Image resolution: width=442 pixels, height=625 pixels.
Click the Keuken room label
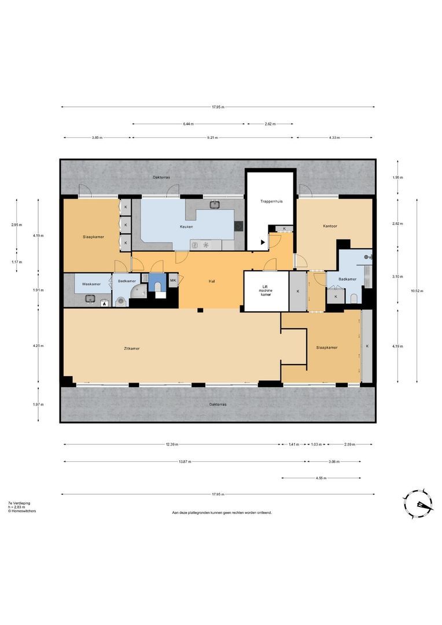pos(186,227)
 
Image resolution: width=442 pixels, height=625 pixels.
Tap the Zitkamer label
pos(131,349)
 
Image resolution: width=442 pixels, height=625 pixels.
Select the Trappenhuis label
pos(271,201)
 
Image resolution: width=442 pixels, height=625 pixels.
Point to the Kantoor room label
pos(330,226)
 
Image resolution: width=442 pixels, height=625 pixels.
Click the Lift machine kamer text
pos(266,290)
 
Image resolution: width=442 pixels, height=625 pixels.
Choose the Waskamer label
pos(91,284)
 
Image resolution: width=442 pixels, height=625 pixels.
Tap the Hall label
pos(212,281)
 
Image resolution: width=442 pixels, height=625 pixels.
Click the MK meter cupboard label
pos(173,281)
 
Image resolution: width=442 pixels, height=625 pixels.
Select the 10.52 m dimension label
pos(417,291)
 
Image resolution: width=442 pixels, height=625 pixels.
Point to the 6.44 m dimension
pos(189,124)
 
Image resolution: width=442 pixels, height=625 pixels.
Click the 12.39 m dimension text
pos(172,444)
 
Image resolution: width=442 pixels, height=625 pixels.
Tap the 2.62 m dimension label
pos(270,124)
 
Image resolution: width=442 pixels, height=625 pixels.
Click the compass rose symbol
pos(418,504)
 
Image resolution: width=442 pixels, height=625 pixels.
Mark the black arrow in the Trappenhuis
pos(263,242)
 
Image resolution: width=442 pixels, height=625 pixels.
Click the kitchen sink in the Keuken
pos(215,205)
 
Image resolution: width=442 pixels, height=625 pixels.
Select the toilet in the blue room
pos(158,286)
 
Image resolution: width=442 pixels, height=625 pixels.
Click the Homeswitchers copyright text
pos(22,511)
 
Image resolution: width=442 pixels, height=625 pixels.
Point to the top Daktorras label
pos(161,178)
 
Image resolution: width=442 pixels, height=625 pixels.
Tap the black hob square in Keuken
pos(238,226)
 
